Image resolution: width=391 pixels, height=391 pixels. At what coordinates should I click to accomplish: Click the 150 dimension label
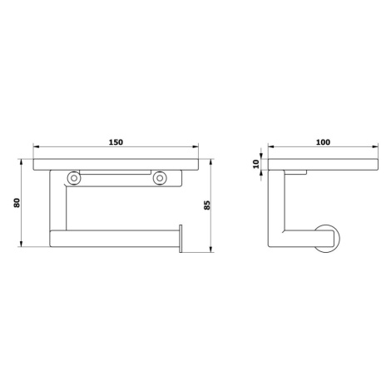click(116, 142)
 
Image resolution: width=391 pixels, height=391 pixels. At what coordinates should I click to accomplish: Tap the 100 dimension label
click(323, 142)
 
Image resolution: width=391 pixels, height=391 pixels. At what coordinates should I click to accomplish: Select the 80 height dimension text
click(17, 203)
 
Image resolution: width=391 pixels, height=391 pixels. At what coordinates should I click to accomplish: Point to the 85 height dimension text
click(207, 205)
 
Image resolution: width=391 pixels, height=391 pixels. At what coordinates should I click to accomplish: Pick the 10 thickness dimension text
click(255, 164)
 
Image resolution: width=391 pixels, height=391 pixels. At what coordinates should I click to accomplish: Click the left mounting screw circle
click(74, 178)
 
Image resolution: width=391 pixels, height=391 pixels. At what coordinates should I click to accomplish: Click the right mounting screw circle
click(160, 178)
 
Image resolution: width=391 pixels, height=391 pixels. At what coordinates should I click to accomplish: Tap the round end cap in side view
click(328, 239)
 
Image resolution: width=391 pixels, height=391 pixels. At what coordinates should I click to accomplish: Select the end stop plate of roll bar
click(181, 239)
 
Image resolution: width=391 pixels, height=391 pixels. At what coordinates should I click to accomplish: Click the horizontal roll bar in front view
click(114, 239)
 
